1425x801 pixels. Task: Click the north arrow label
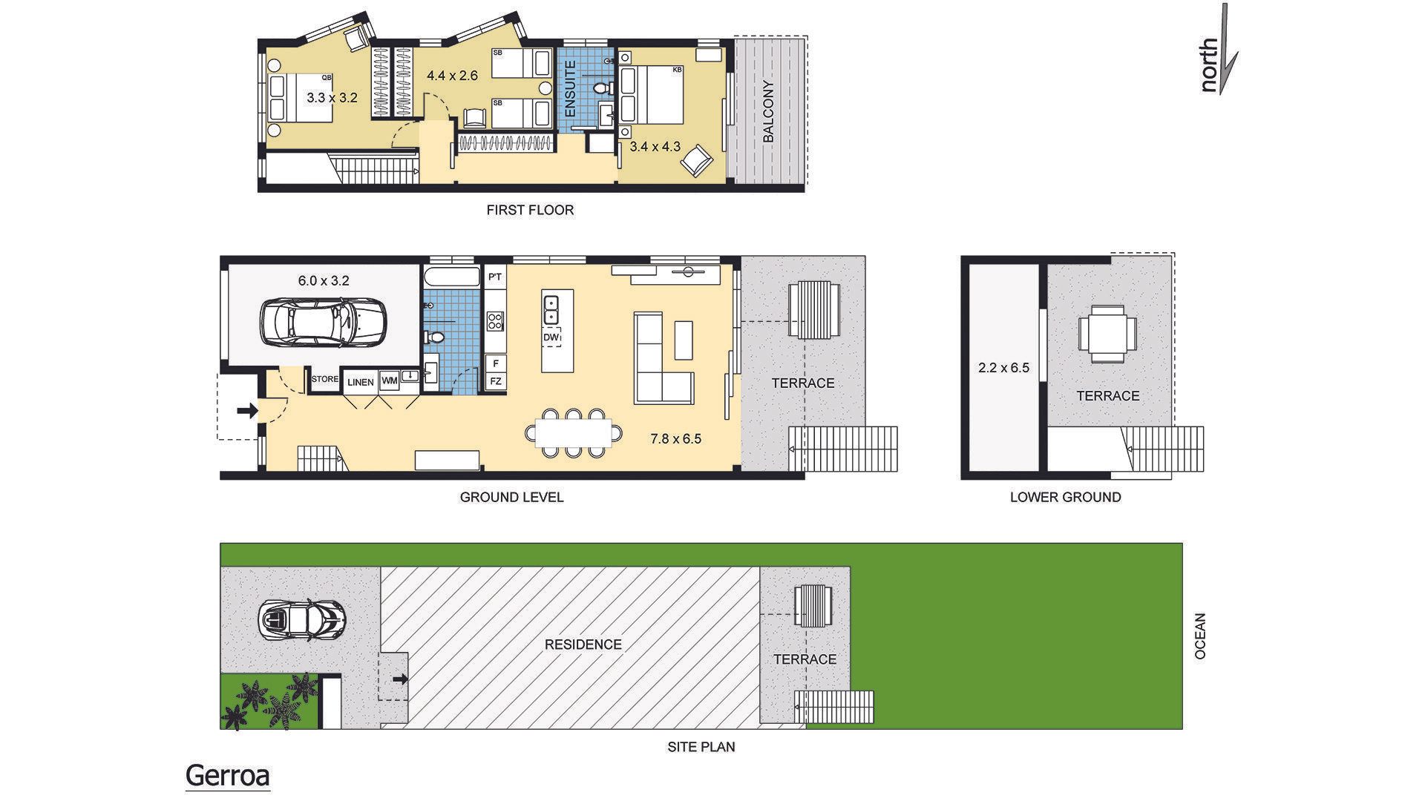pos(1210,66)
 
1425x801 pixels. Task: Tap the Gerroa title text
pos(227,776)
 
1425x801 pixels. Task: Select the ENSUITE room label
pos(571,89)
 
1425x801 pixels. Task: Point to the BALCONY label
pos(768,111)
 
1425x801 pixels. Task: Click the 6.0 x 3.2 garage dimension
pos(324,281)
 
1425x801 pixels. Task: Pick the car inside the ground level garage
pos(323,323)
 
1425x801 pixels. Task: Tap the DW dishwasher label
pos(551,337)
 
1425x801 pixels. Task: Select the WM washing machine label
pos(389,380)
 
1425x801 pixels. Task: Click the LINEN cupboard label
pos(361,383)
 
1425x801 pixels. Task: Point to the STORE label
pos(324,379)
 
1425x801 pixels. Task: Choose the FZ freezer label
pos(495,382)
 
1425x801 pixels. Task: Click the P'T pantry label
pos(495,277)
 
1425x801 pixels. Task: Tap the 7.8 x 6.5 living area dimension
pos(675,439)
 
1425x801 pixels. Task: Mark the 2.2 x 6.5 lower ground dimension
pos(1003,367)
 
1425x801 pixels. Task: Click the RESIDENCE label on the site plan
pos(583,645)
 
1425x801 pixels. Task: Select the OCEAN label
pos(1200,636)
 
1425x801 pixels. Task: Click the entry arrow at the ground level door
pos(249,409)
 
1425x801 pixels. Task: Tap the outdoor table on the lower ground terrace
pos(1107,334)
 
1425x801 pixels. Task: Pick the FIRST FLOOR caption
pos(530,210)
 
